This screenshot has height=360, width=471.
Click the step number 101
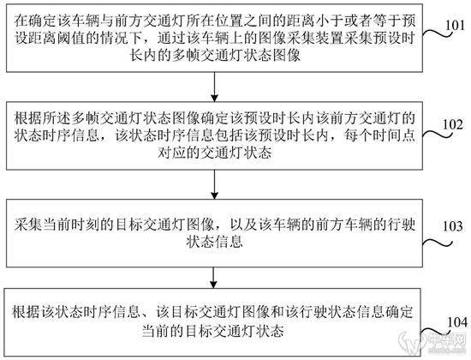(x=455, y=25)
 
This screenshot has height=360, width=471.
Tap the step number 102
(x=453, y=124)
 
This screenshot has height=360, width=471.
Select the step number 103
(x=453, y=226)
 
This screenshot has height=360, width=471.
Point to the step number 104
(x=457, y=322)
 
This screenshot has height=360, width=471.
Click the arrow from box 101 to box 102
(x=214, y=87)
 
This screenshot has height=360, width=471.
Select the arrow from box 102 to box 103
(x=214, y=184)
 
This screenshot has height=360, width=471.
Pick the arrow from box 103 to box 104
(x=213, y=278)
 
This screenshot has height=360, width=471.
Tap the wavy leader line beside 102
(x=438, y=134)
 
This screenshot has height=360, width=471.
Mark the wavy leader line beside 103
(x=438, y=243)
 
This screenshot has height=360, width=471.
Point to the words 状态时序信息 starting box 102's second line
(x=57, y=135)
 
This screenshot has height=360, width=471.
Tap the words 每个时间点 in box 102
(x=379, y=135)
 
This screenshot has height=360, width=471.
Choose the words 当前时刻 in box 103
(x=71, y=225)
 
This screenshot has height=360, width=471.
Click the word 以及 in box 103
(x=243, y=225)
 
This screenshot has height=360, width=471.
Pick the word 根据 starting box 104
(x=27, y=312)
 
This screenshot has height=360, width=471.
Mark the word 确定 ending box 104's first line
(x=400, y=312)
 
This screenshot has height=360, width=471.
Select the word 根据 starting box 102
(x=28, y=118)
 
